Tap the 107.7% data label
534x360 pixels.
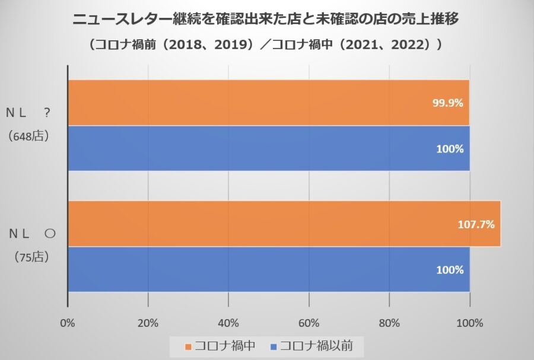476,224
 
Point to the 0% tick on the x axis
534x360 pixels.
68,323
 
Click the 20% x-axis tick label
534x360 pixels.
148,323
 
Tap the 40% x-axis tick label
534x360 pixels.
228,323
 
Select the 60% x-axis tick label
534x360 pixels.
309,323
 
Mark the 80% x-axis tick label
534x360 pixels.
389,323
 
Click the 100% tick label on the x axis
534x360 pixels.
469,323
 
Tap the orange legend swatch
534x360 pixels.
189,346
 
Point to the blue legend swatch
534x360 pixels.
274,346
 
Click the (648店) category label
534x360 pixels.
29,136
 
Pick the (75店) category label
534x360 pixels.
29,257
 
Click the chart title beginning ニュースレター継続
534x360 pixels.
266,20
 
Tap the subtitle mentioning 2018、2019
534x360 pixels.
266,45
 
